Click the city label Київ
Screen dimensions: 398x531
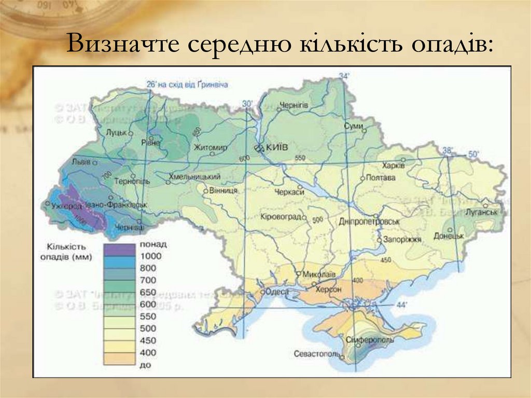click(x=277, y=148)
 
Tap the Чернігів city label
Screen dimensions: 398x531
click(x=294, y=105)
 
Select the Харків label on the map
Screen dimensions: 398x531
click(x=393, y=166)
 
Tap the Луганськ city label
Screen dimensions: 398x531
click(x=481, y=212)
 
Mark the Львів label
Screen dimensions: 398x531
click(x=81, y=160)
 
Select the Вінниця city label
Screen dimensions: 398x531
click(x=223, y=190)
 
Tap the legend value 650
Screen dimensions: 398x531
click(x=147, y=293)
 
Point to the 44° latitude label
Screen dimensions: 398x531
click(x=402, y=305)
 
